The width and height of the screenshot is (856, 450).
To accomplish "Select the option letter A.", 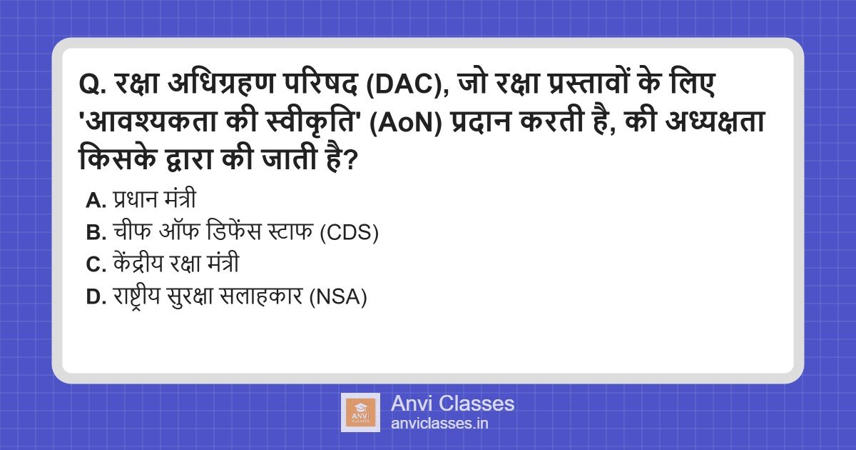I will pos(94,201).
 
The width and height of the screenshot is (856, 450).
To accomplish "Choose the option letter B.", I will pos(94,234).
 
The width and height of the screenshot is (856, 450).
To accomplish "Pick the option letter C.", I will pos(94,265).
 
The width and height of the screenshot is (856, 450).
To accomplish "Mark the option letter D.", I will pos(94,297).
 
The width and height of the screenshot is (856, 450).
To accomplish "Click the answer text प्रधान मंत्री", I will pos(154,201).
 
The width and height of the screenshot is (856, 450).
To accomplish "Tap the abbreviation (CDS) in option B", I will pos(348,234).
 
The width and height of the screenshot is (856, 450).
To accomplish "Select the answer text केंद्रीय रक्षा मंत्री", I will pos(175,265).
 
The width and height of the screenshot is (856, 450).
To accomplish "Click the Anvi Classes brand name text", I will pos(452,404).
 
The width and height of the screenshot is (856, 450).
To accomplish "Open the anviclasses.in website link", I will pos(439,423).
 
